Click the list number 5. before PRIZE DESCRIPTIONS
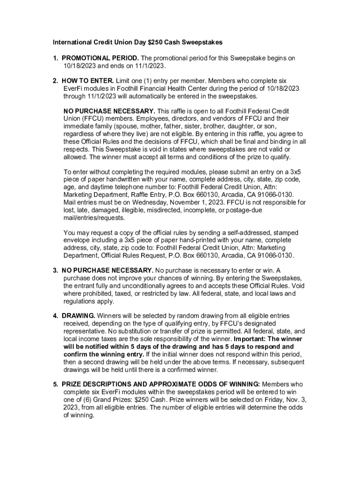click(x=55, y=385)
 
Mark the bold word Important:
click(x=251, y=339)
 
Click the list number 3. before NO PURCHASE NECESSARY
click(x=55, y=270)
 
